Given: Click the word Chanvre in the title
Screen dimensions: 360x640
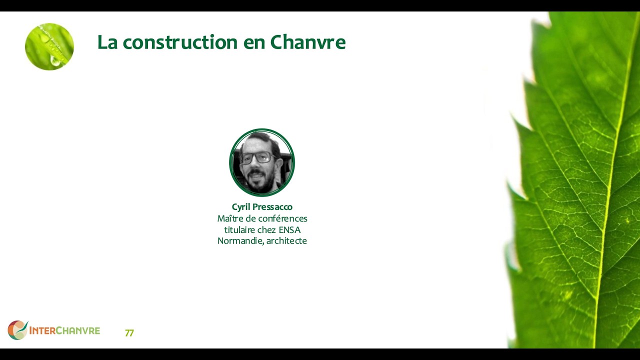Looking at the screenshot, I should (307, 42).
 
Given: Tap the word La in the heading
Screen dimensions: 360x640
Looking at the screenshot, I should (107, 42).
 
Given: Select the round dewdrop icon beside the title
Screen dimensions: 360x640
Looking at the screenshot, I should (49, 46).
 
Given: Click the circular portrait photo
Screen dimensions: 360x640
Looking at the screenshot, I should (262, 162).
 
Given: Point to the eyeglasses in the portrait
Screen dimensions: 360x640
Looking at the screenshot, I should (257, 158).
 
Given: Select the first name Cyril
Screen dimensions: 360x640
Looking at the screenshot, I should (241, 207).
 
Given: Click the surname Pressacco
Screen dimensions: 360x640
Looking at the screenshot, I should (272, 207).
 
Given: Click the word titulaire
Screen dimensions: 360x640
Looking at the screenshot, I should (239, 230).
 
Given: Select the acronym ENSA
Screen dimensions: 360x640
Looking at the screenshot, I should (289, 230).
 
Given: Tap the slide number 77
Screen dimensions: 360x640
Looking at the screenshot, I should (129, 333).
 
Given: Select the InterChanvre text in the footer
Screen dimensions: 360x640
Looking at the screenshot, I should (64, 330).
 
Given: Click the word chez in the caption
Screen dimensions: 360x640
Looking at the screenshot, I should (267, 230).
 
